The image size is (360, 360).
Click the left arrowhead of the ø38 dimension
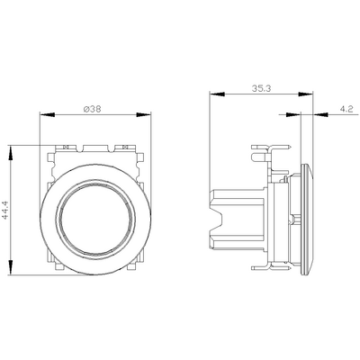click(45, 114)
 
